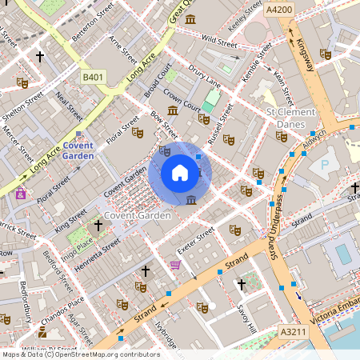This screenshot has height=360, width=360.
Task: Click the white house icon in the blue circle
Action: pos(180,172)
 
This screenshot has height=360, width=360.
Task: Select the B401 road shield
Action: pos(94,77)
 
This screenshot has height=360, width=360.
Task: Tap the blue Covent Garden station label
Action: pos(78,150)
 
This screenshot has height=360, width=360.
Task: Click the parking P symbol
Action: pos(324,165)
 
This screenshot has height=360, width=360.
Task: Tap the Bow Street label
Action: pos(164,124)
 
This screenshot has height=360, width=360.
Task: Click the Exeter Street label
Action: pos(196,239)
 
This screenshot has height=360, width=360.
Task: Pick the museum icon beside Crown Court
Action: pos(173,110)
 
